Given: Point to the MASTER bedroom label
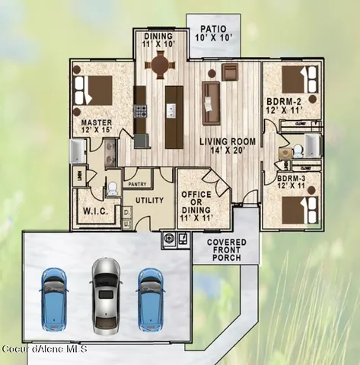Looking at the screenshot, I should pos(97,122).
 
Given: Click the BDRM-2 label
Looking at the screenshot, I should pos(284,100).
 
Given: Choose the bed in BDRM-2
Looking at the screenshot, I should pos(298,79).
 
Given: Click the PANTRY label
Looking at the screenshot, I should pos(137,183).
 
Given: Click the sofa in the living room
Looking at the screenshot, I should pos(211,103).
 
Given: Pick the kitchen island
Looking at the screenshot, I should pos(174,116).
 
